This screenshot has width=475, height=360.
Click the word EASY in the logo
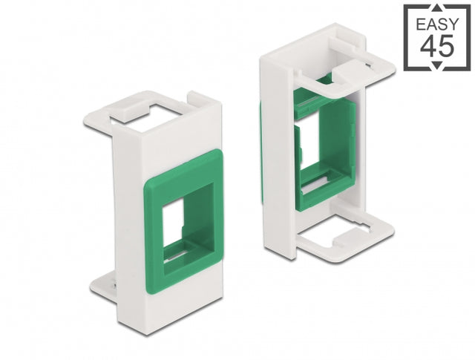pyautogui.click(x=437, y=24)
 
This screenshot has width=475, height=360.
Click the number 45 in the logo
pyautogui.click(x=437, y=46)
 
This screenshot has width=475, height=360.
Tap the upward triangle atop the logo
pyautogui.click(x=437, y=8)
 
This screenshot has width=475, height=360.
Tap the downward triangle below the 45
pyautogui.click(x=437, y=65)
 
